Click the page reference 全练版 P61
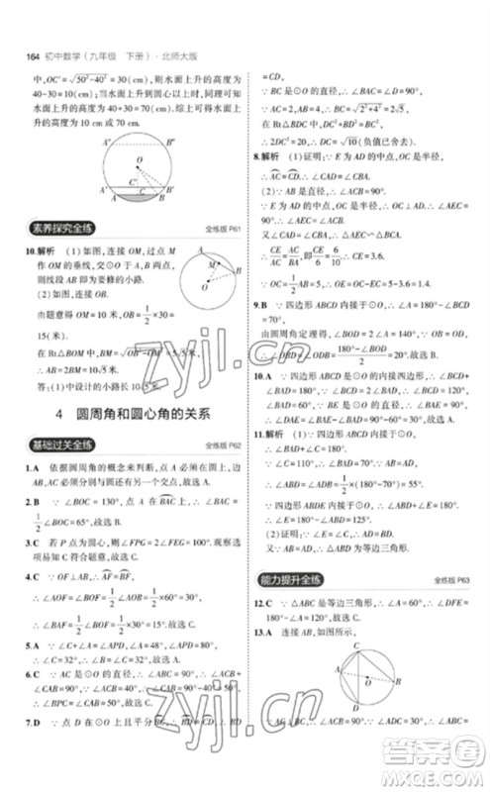pyautogui.click(x=220, y=234)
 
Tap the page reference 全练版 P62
pyautogui.click(x=221, y=446)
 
